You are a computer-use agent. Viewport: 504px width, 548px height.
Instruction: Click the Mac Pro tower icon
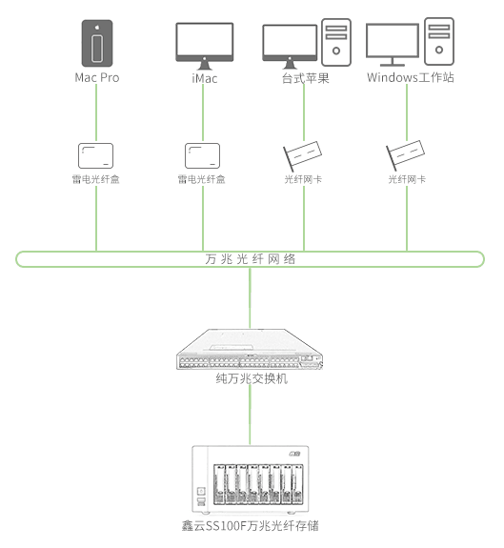[97, 43]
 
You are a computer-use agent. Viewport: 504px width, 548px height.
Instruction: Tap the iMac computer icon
[204, 46]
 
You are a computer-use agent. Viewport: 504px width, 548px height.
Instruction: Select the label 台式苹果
[306, 78]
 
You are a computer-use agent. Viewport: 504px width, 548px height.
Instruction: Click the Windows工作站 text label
[411, 77]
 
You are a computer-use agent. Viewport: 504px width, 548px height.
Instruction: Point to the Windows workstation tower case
[439, 41]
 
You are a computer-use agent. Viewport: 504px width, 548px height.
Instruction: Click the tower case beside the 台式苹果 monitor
[336, 42]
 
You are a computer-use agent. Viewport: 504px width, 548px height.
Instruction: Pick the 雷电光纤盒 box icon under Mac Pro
[95, 155]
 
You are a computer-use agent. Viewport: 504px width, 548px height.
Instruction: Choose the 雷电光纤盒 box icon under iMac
[202, 155]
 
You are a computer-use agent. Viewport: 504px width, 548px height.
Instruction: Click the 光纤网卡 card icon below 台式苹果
[302, 155]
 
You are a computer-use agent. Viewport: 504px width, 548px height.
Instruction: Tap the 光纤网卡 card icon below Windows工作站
[405, 155]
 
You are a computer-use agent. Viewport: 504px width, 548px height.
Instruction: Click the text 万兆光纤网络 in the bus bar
[250, 259]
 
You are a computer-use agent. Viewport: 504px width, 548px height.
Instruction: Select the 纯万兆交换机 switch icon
[250, 349]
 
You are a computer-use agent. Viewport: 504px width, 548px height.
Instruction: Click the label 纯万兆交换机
[252, 378]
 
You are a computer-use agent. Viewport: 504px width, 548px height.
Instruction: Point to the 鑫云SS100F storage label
[250, 526]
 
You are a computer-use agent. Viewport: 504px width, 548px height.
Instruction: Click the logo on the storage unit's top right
[294, 454]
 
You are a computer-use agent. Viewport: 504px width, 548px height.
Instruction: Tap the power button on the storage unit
[201, 492]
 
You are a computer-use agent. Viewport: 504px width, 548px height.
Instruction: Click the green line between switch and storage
[250, 415]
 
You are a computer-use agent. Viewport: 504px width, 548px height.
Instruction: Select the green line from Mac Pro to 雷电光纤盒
[96, 112]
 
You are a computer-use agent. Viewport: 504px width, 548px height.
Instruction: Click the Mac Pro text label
[97, 77]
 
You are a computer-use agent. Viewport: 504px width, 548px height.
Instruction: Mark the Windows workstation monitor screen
[393, 40]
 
